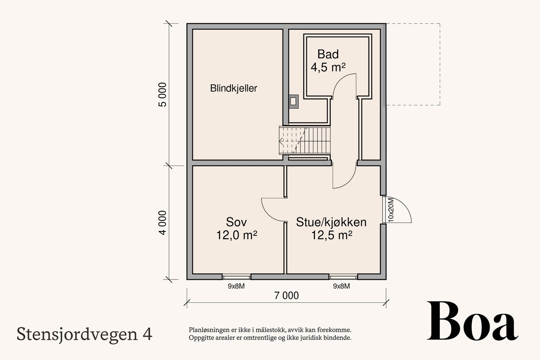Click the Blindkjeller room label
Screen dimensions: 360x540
[x=234, y=88]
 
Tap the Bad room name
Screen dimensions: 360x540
[x=328, y=54]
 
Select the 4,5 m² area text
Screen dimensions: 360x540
[x=328, y=67]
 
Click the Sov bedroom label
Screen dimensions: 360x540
[x=236, y=222]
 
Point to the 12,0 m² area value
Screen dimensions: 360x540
[x=237, y=235]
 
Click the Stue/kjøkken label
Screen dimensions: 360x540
[x=331, y=222]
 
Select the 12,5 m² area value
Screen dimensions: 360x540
[x=331, y=235]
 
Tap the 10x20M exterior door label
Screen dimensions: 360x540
[x=391, y=210]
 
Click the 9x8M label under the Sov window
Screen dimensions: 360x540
[x=236, y=286]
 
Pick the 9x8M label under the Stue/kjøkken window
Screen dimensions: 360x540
[x=341, y=286]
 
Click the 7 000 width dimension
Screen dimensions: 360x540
[x=286, y=296]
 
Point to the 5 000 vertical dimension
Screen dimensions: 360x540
[x=163, y=94]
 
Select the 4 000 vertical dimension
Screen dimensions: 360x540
[x=163, y=223]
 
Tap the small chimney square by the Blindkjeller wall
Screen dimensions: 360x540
[x=294, y=101]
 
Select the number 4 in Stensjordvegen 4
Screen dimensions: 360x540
[x=147, y=334]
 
